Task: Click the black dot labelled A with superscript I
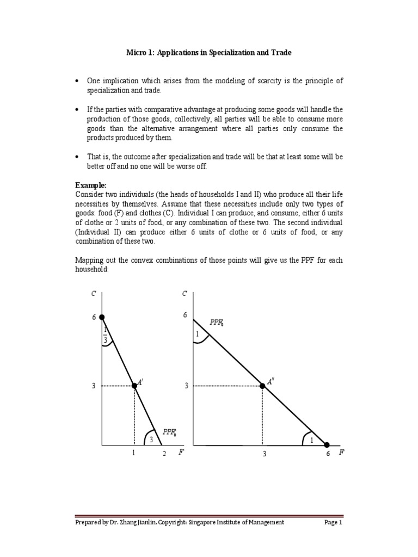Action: click(134, 386)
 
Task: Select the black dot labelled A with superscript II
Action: click(262, 386)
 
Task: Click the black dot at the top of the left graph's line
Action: click(102, 317)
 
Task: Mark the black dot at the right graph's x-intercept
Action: click(327, 444)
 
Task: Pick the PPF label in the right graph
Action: click(218, 323)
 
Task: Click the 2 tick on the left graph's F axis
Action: click(163, 454)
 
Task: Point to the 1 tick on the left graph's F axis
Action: click(133, 454)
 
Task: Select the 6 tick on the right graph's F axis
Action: click(328, 454)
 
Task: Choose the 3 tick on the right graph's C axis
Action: click(186, 386)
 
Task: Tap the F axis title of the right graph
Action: click(341, 453)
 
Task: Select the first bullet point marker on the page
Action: click(77, 81)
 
